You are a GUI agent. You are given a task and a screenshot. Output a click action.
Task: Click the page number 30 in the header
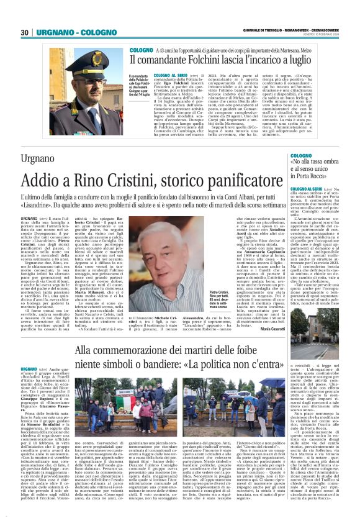(x=24, y=32)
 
